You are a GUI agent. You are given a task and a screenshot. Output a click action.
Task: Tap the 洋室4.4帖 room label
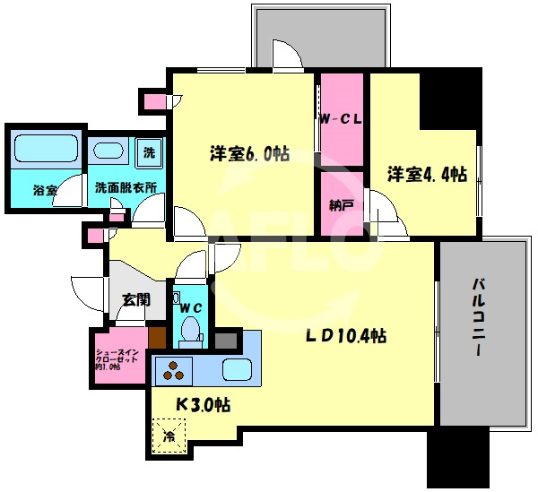(426, 174)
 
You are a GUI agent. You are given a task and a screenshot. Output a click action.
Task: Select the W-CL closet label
(341, 118)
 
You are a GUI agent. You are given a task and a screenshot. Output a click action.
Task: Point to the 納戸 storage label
(341, 205)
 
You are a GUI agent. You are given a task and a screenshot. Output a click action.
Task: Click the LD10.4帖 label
(345, 336)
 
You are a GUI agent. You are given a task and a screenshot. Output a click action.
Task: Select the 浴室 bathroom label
(45, 190)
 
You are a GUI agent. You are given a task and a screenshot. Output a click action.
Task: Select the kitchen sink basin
(239, 368)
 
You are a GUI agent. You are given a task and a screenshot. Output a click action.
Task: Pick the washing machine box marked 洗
(150, 151)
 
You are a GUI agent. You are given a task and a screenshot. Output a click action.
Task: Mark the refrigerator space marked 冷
(169, 438)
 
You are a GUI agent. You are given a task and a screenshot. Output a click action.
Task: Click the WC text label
(191, 307)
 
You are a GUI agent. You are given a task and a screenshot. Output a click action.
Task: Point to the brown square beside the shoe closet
(157, 338)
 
